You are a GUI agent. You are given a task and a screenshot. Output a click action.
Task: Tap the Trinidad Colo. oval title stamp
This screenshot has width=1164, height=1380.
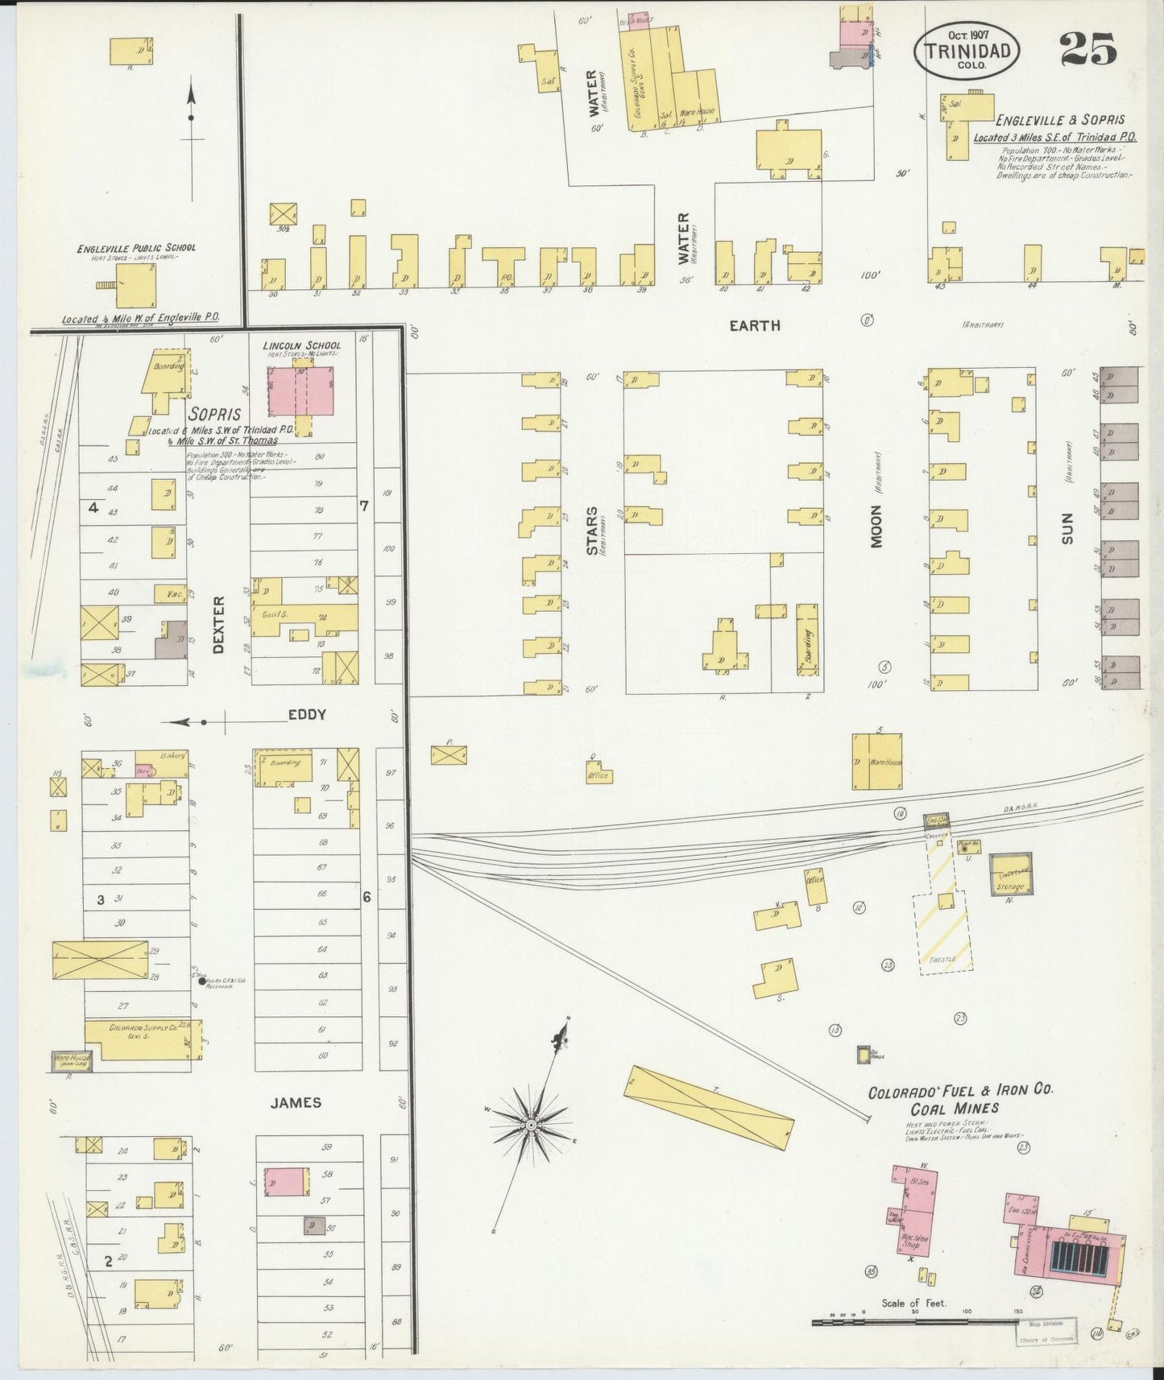tap(967, 50)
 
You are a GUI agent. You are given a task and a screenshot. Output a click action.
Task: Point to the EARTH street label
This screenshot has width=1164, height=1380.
tap(754, 325)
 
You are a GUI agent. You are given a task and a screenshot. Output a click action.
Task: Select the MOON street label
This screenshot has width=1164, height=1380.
tap(876, 527)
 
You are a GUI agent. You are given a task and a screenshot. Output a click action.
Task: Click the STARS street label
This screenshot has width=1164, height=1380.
tap(593, 530)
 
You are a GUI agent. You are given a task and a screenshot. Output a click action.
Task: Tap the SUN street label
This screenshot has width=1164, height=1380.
tap(1068, 527)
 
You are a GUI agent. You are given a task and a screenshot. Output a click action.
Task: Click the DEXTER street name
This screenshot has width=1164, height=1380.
tap(217, 624)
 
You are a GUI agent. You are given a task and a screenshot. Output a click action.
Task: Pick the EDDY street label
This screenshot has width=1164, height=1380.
tap(307, 714)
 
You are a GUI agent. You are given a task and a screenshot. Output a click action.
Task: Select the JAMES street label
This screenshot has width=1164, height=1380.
tap(296, 1103)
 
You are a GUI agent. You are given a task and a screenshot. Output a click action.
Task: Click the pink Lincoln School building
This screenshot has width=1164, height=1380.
tap(301, 391)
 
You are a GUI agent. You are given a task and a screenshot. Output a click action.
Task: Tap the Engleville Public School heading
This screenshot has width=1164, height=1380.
tap(136, 248)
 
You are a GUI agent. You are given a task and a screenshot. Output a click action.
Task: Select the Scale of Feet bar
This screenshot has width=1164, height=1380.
tap(918, 1320)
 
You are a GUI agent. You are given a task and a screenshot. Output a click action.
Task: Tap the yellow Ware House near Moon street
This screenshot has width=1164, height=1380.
tap(877, 761)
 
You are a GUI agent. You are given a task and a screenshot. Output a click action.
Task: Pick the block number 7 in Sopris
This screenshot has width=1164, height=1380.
tap(364, 506)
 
